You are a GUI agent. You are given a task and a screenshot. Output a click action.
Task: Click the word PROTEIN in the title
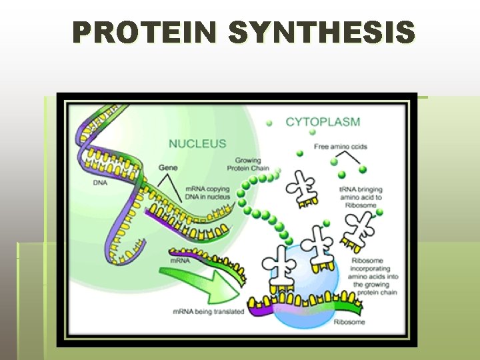tap(145, 32)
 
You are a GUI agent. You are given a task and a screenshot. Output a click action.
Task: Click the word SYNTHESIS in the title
tap(322, 32)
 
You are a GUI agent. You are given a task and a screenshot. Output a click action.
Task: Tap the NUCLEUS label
tap(197, 143)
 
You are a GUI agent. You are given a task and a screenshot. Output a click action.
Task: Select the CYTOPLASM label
tap(323, 122)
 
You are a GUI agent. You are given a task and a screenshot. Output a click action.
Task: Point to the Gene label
tap(168, 167)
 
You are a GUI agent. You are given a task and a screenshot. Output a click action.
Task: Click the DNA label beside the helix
tap(101, 181)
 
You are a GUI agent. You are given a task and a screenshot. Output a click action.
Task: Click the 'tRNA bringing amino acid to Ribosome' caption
tap(360, 198)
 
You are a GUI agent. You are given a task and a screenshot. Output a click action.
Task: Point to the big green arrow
tap(200, 280)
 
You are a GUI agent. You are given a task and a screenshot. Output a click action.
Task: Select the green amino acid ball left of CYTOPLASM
tap(269, 123)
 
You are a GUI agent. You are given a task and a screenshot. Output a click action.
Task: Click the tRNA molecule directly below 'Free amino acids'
tap(304, 187)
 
